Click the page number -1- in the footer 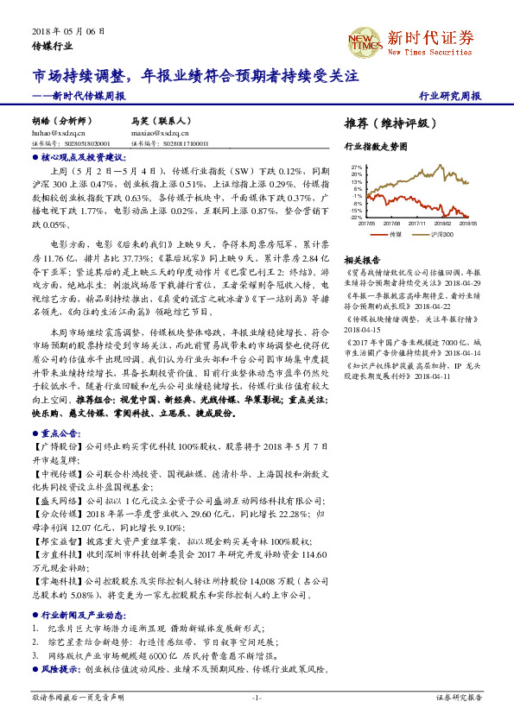pos(257,696)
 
